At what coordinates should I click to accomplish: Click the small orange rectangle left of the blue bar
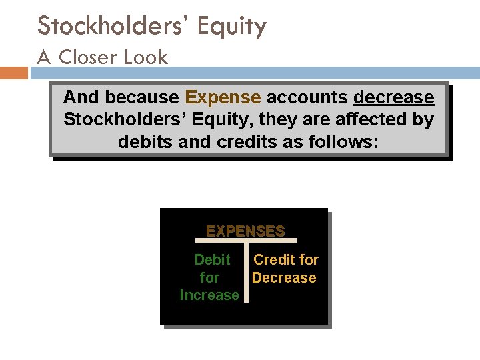pyautogui.click(x=14, y=73)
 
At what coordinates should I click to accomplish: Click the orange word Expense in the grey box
pyautogui.click(x=223, y=98)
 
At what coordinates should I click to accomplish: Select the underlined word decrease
pyautogui.click(x=393, y=98)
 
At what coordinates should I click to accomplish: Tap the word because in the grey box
pyautogui.click(x=141, y=98)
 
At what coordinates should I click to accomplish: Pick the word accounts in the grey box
pyautogui.click(x=307, y=98)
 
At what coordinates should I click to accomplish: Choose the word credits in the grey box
pyautogui.click(x=242, y=142)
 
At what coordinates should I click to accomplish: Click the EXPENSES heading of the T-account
pyautogui.click(x=245, y=231)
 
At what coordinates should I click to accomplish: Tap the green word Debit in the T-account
pyautogui.click(x=212, y=260)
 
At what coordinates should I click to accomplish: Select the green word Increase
pyautogui.click(x=209, y=295)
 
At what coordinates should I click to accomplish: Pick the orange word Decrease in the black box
pyautogui.click(x=284, y=277)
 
